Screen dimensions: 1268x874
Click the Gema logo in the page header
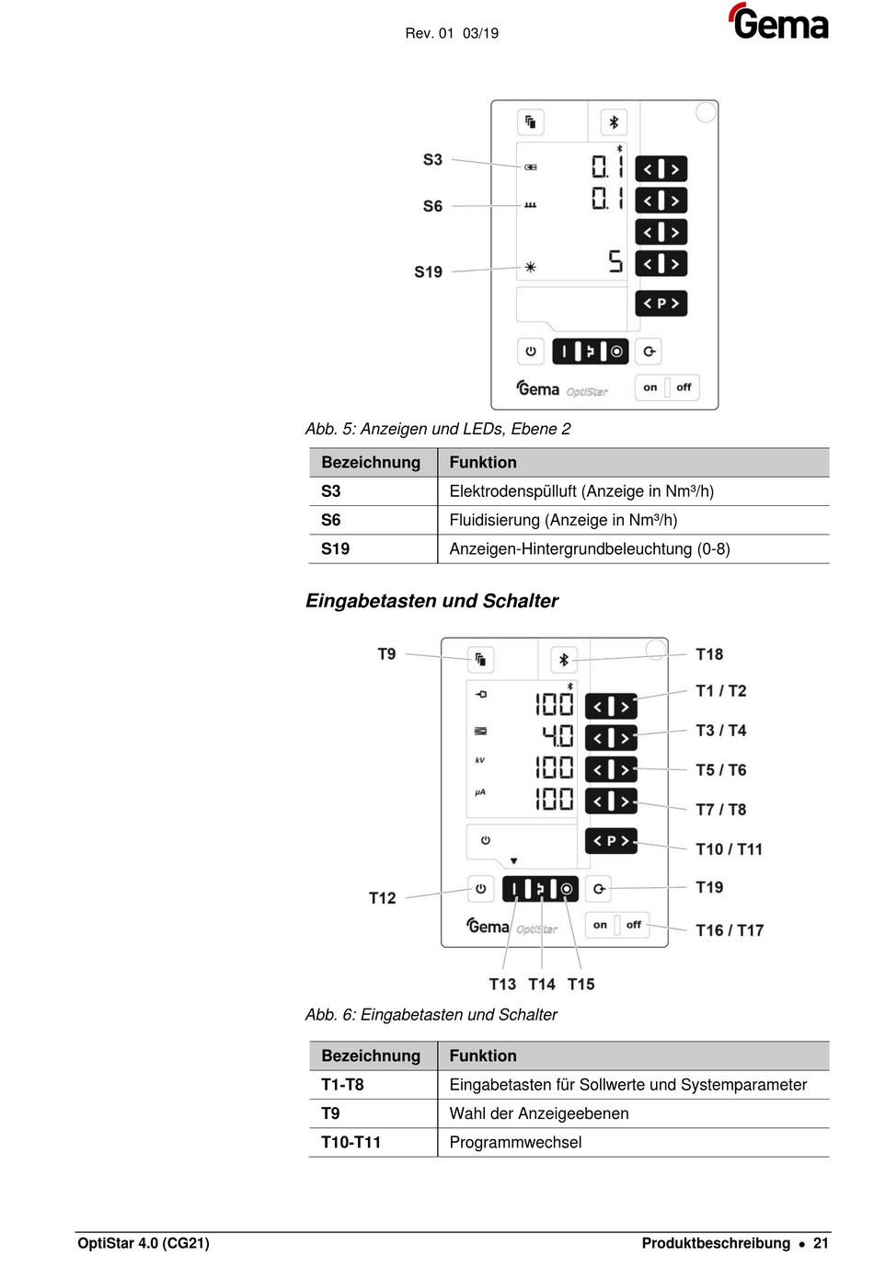(778, 22)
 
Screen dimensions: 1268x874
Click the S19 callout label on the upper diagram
(428, 271)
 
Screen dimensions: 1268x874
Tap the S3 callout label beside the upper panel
(432, 159)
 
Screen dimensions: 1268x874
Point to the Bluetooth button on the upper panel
(614, 122)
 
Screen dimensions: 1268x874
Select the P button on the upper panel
(661, 304)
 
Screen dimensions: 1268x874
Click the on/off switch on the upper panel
(667, 387)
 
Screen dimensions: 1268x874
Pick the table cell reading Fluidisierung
(563, 520)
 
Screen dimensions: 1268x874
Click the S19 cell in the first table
(335, 549)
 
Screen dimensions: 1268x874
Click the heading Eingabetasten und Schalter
(431, 601)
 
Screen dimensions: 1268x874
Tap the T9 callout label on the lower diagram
(386, 654)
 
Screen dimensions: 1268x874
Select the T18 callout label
(709, 654)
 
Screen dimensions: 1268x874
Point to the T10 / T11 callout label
(729, 849)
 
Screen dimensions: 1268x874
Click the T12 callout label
(382, 898)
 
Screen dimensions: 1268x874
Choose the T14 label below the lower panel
(542, 985)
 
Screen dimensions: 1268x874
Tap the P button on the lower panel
(611, 841)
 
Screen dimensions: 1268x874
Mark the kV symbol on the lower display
(480, 761)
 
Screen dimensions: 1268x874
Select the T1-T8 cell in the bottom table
(342, 1085)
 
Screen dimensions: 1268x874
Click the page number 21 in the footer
(821, 1243)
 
